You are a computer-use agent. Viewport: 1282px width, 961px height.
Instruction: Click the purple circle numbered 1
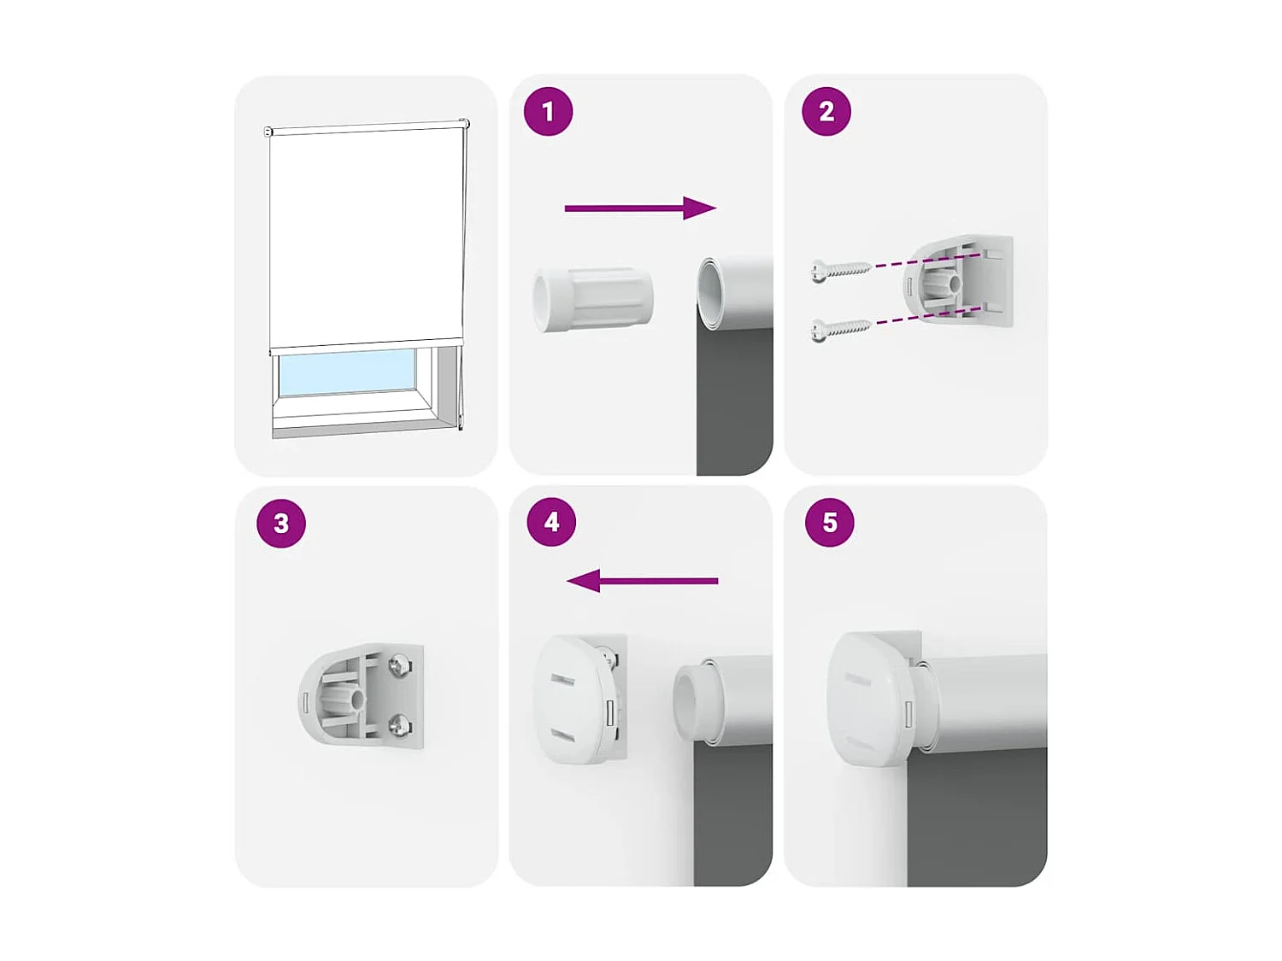click(548, 111)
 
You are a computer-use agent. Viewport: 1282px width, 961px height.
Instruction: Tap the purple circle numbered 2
click(826, 111)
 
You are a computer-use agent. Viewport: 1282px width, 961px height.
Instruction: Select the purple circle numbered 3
click(281, 523)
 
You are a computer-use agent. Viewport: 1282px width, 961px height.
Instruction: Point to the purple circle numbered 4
click(551, 522)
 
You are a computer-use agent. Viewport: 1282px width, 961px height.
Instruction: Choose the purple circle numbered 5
click(830, 522)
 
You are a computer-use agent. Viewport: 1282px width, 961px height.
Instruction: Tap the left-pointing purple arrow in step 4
click(642, 582)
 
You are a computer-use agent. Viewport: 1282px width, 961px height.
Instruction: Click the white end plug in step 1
click(592, 299)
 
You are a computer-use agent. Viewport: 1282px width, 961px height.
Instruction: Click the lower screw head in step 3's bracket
click(400, 725)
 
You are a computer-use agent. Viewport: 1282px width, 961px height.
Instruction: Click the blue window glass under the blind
click(345, 372)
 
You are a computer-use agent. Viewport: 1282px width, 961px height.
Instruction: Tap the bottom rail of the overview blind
click(366, 345)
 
